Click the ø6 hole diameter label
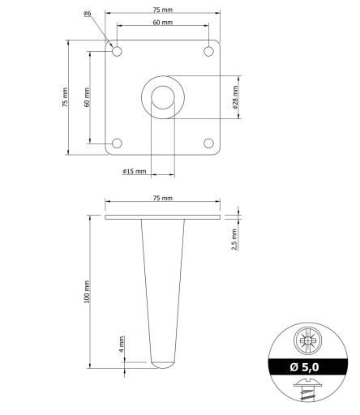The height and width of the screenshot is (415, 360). [x=88, y=13]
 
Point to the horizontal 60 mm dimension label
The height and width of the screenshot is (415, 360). [x=163, y=22]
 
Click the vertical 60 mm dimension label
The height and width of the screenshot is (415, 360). [x=87, y=97]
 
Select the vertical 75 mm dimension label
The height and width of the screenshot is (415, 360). [x=65, y=97]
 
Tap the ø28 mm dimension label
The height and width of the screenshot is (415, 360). [x=235, y=97]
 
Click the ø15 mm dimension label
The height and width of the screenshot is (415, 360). [x=135, y=171]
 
